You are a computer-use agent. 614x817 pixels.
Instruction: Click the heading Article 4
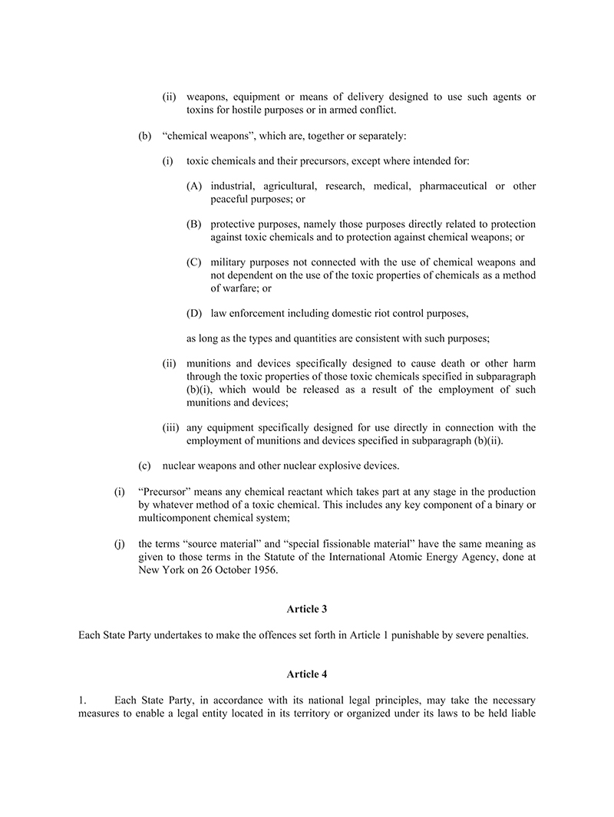[306, 674]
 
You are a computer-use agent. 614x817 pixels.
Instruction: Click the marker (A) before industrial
[194, 186]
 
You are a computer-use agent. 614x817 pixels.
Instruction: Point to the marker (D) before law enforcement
[194, 313]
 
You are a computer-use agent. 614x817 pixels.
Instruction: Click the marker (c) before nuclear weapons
[144, 466]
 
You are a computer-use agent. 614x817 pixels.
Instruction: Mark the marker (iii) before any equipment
[171, 427]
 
